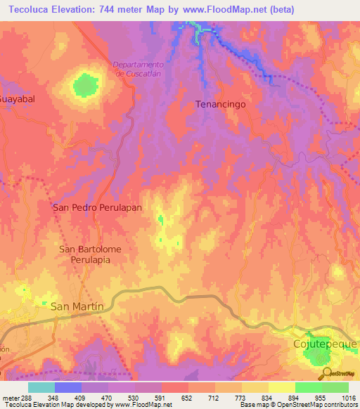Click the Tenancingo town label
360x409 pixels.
[x=223, y=104]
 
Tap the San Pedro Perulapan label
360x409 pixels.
[x=98, y=208]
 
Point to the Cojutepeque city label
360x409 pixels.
[x=325, y=344]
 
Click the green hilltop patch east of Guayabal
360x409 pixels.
[x=85, y=86]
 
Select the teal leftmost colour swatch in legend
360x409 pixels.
[x=41, y=387]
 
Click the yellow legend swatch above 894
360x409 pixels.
[x=281, y=387]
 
